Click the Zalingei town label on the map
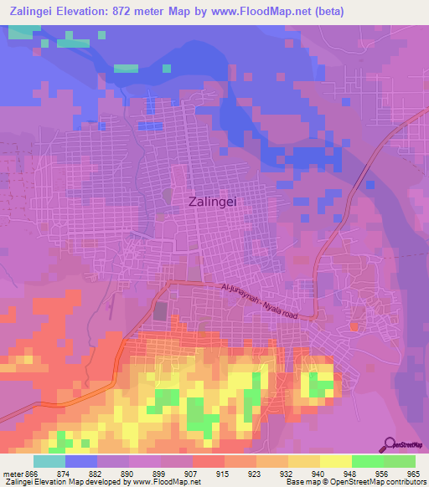point(217,201)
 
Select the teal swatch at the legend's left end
point(49,461)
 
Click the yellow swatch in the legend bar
point(336,461)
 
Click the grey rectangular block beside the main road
point(160,311)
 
